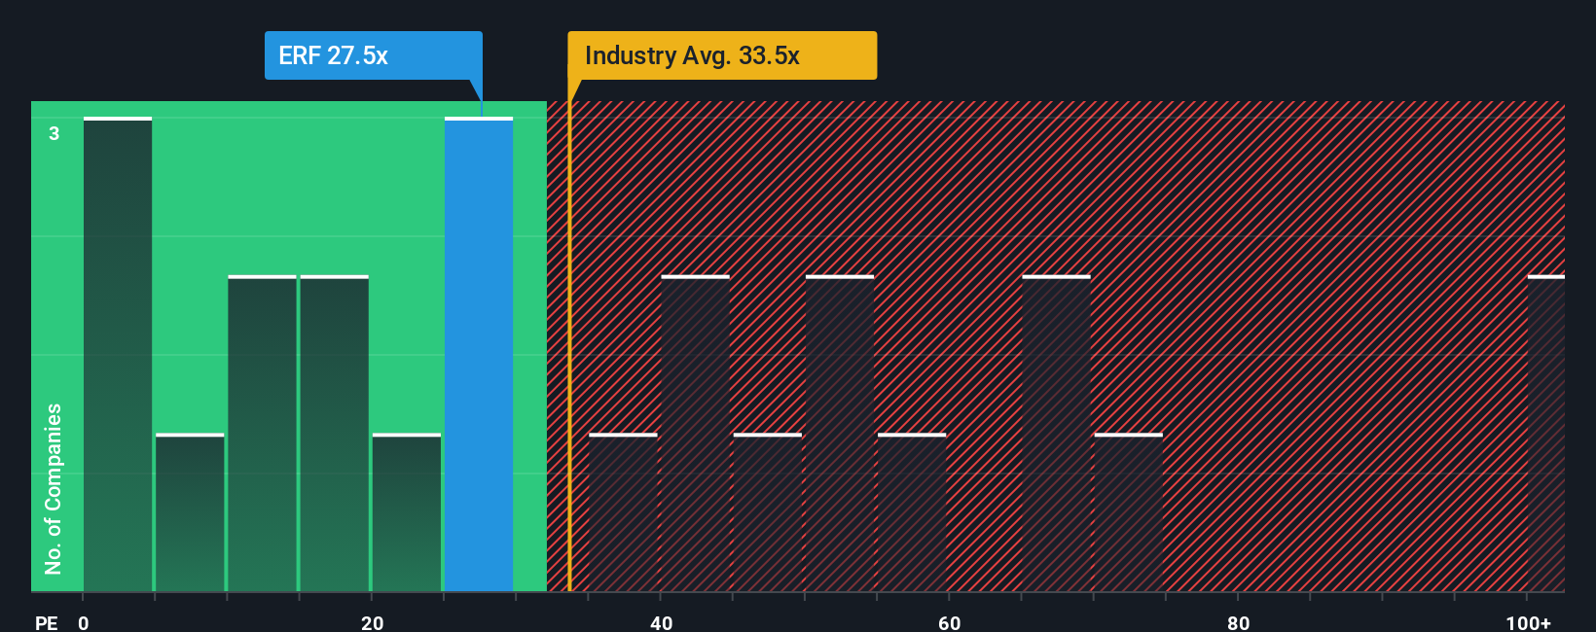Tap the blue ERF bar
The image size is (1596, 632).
(x=479, y=355)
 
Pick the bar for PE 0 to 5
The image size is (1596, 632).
(x=118, y=355)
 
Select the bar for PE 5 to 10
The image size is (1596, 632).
(x=190, y=512)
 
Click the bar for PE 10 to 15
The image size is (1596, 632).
(x=262, y=434)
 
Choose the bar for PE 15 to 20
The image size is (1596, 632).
(x=335, y=434)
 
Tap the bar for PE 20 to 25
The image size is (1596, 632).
(x=407, y=512)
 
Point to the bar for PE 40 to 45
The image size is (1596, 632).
(x=695, y=434)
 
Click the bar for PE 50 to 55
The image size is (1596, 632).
(x=840, y=434)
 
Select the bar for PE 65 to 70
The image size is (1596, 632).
(x=1056, y=434)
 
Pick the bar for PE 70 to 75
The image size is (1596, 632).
(x=1129, y=512)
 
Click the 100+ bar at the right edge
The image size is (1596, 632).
(x=1545, y=434)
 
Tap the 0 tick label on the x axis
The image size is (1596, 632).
(x=84, y=622)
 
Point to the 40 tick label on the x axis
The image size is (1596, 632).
(x=662, y=622)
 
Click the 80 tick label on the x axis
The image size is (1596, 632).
(x=1238, y=622)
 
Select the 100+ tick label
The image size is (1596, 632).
(x=1528, y=622)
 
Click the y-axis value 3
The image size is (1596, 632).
(x=54, y=133)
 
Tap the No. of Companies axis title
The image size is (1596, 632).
(x=54, y=488)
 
